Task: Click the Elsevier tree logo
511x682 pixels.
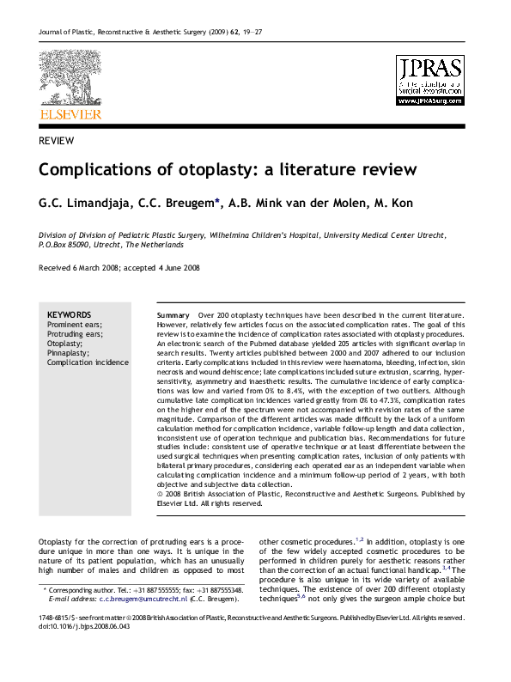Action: pos(70,77)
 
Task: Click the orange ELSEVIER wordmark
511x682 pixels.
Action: pos(70,114)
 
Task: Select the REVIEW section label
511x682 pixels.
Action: pos(56,141)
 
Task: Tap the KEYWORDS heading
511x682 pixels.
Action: pos(69,314)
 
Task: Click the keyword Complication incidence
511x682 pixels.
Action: pos(88,362)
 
